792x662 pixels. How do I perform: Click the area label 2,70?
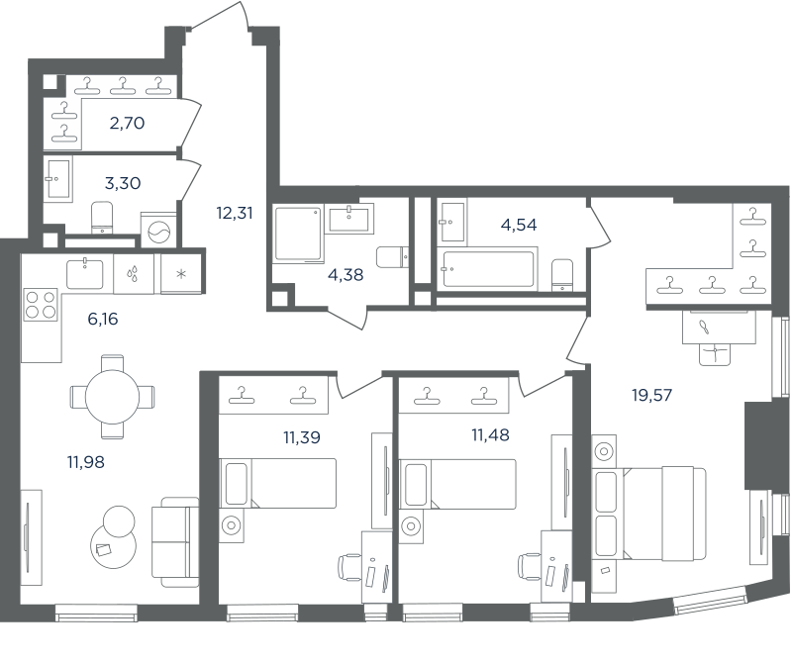click(x=128, y=123)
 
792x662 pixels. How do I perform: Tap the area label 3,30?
click(x=123, y=183)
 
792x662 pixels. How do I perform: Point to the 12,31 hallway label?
click(x=235, y=213)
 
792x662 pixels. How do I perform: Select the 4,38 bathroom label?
click(x=346, y=275)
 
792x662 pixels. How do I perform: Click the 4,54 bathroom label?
click(x=519, y=225)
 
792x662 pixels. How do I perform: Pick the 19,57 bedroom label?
click(x=652, y=395)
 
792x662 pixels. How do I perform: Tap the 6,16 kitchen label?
click(x=103, y=319)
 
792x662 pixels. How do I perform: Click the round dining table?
click(x=112, y=398)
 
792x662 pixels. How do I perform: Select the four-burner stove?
click(x=41, y=305)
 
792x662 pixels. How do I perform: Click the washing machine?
click(x=158, y=232)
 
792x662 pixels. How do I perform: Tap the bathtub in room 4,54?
click(x=486, y=269)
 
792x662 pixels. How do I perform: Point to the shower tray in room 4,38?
click(x=299, y=234)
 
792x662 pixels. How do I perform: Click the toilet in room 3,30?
click(x=103, y=218)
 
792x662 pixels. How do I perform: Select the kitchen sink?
click(x=85, y=273)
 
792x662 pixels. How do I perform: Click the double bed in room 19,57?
click(x=649, y=514)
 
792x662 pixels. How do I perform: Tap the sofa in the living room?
click(x=175, y=542)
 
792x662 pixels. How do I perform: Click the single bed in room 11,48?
click(x=457, y=483)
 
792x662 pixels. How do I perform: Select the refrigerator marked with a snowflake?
click(x=181, y=273)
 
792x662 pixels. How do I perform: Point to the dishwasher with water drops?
click(x=134, y=273)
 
